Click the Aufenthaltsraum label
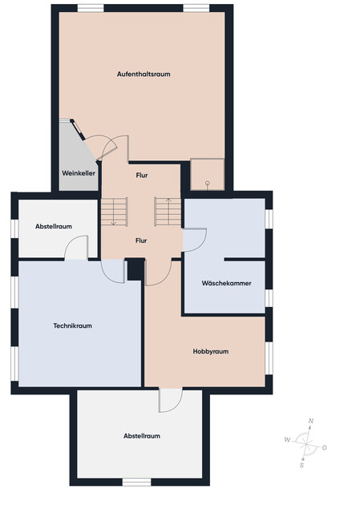(x=144, y=74)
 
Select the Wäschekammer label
(x=226, y=283)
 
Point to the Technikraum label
(x=73, y=326)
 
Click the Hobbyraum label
(x=211, y=351)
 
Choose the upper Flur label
(x=141, y=174)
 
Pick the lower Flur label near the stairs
(x=141, y=240)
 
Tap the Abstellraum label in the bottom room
(x=142, y=436)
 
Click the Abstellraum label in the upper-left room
(x=54, y=226)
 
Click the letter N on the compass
(x=311, y=422)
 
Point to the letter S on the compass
(x=301, y=464)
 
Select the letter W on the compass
(x=286, y=439)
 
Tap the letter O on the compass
(x=324, y=447)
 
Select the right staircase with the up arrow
(x=168, y=212)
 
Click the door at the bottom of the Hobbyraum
(x=171, y=400)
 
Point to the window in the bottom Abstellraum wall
(x=137, y=481)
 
